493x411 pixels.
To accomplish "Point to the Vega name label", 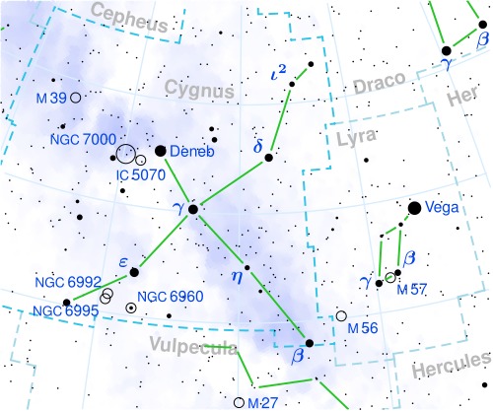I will tap(446, 209).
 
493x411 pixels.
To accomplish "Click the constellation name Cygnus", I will tap(200, 91).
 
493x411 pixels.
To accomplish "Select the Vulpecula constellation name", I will tap(194, 344).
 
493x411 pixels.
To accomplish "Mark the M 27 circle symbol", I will tap(239, 402).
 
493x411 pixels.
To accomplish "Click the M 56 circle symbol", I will tap(341, 316).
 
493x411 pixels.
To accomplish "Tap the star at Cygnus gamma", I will tap(193, 209).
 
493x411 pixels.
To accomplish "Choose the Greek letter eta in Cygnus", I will tap(236, 275).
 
